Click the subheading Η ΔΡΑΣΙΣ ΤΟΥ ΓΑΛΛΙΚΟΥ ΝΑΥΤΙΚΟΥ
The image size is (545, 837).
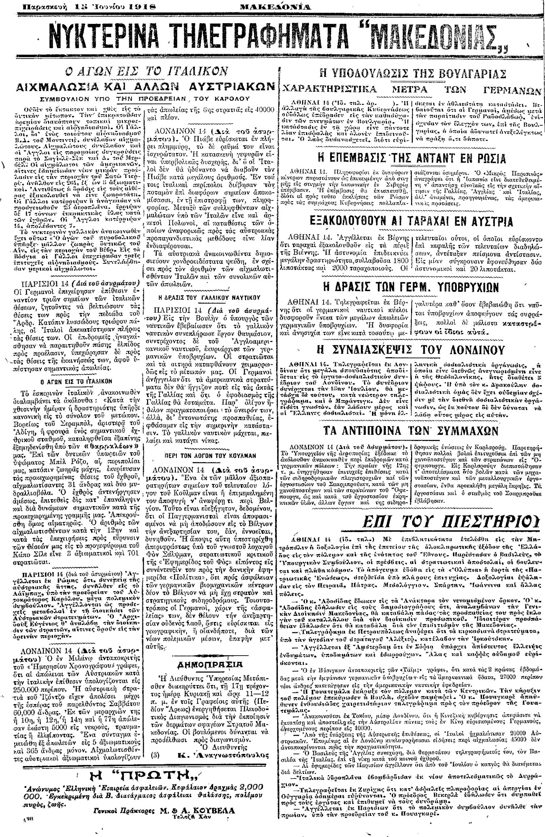[209, 297]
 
